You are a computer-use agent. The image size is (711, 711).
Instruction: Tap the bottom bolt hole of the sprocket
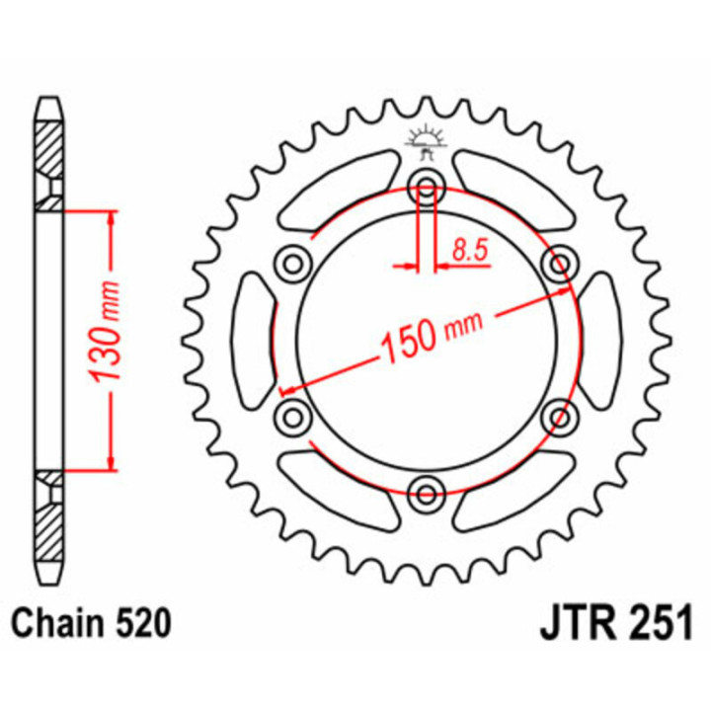tap(427, 490)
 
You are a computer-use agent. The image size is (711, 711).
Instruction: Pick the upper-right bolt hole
tap(560, 262)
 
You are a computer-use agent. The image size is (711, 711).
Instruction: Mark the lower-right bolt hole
tap(560, 414)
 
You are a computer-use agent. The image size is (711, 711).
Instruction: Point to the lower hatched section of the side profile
tap(48, 518)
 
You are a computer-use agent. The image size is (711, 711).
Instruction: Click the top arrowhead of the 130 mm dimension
tap(111, 218)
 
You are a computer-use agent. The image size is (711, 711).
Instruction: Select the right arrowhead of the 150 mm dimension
tap(565, 292)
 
